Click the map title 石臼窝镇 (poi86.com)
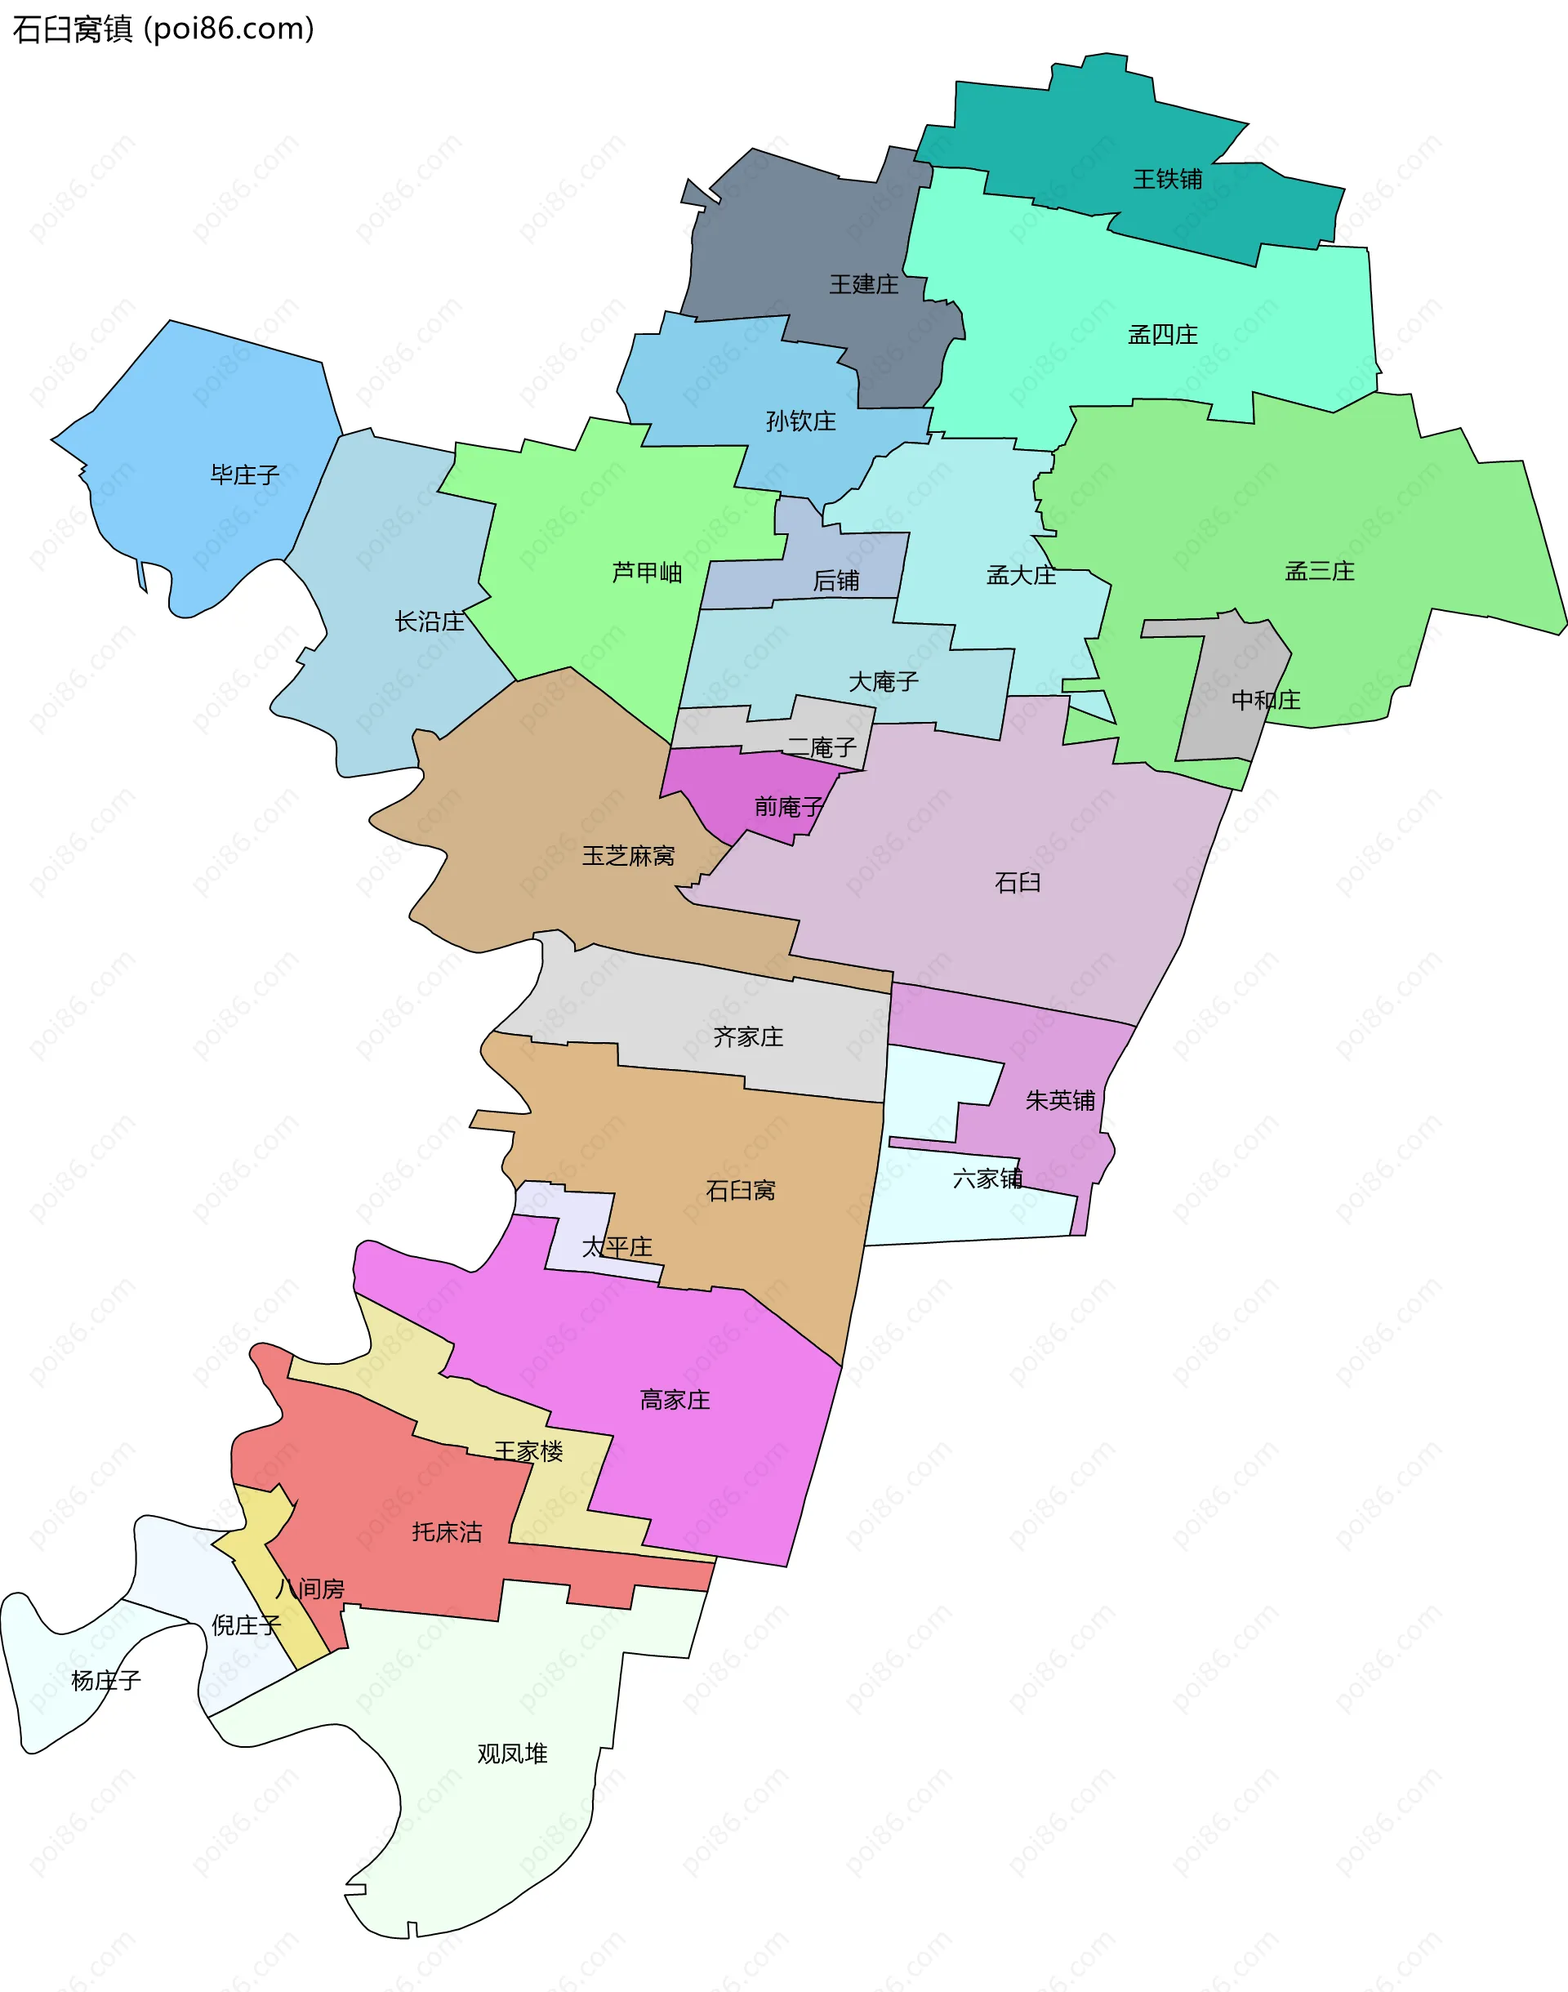163,29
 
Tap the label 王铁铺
1167,179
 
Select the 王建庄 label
864,284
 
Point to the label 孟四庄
1162,335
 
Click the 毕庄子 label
244,475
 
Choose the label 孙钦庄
800,421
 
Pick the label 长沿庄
429,622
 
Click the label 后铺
835,581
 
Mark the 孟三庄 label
1319,571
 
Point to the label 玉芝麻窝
628,857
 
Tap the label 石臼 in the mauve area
1018,883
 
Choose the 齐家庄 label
748,1037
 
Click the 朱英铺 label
1059,1101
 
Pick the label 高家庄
675,1400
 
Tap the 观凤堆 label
512,1754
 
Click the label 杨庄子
105,1681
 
